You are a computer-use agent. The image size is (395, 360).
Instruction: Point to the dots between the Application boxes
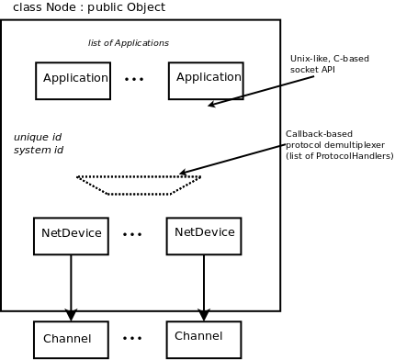pos(134,79)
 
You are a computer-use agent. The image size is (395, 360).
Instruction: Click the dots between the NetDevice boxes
pos(132,234)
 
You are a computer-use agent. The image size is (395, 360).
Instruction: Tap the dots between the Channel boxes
pos(132,338)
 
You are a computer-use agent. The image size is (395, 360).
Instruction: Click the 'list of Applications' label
pos(129,43)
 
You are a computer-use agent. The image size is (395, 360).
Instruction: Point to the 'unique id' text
pos(38,137)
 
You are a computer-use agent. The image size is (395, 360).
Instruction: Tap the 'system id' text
pos(39,150)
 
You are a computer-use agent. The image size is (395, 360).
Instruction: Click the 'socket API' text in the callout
pos(312,70)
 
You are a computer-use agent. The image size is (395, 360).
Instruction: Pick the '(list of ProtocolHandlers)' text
pos(340,156)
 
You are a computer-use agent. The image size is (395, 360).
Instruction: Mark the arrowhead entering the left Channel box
pos(71,315)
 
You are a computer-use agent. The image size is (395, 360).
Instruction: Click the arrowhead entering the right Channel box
pos(204,315)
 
